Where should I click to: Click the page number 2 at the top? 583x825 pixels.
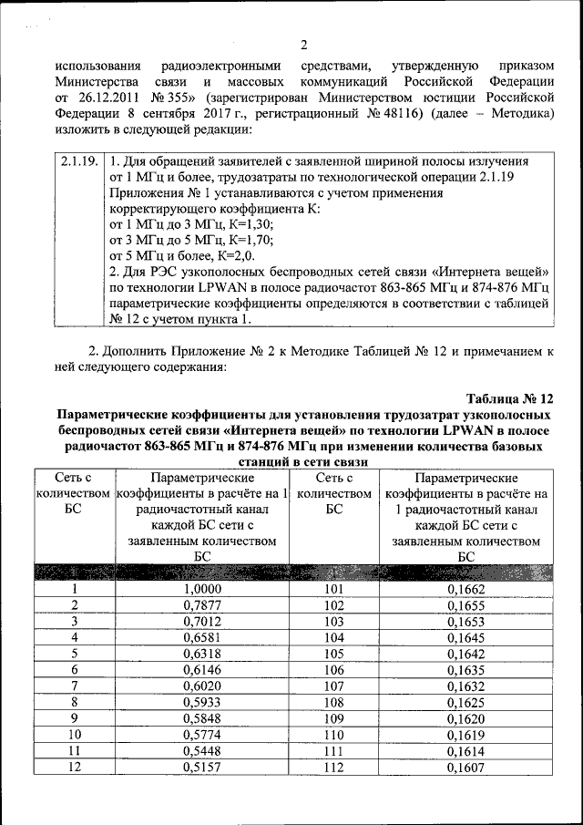click(304, 45)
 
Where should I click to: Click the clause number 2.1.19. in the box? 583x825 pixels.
click(78, 161)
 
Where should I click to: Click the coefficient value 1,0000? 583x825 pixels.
click(202, 589)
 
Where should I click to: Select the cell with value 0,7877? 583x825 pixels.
click(202, 605)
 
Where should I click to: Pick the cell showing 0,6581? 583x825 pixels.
click(202, 637)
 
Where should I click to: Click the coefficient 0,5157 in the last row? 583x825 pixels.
click(202, 768)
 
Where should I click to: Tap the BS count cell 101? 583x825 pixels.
click(333, 589)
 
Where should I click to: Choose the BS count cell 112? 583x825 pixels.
click(333, 768)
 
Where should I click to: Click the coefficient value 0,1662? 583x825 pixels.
click(465, 589)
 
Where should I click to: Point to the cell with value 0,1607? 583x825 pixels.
click(465, 768)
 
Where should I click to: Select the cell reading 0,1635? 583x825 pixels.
click(465, 670)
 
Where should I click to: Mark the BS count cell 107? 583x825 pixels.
click(333, 686)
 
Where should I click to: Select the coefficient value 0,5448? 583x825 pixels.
click(202, 752)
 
